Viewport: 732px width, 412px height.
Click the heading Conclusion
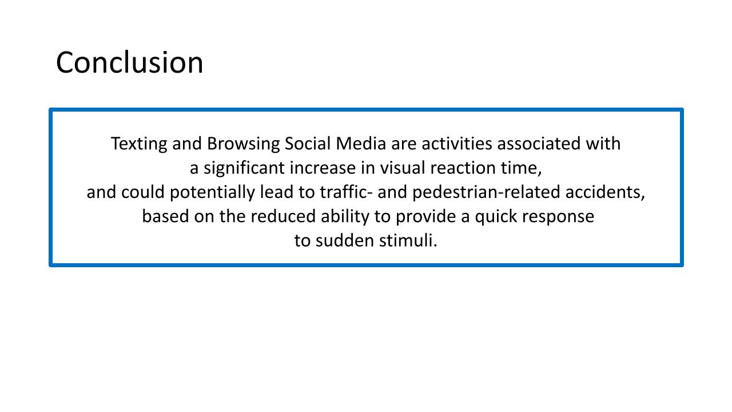tap(129, 62)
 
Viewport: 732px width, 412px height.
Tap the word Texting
tap(139, 144)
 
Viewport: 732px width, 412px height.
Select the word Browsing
tap(243, 144)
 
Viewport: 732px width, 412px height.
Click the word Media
tap(361, 143)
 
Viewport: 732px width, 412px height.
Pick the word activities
tap(457, 143)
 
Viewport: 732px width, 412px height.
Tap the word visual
tap(402, 168)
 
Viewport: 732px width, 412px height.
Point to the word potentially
tap(212, 193)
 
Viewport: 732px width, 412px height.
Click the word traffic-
tap(346, 192)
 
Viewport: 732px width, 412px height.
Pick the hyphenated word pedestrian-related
tap(486, 193)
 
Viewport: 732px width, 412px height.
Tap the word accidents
tap(605, 193)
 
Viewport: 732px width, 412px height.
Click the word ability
tap(345, 217)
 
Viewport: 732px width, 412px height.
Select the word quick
tap(496, 217)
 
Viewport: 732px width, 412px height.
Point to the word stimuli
tap(408, 240)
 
